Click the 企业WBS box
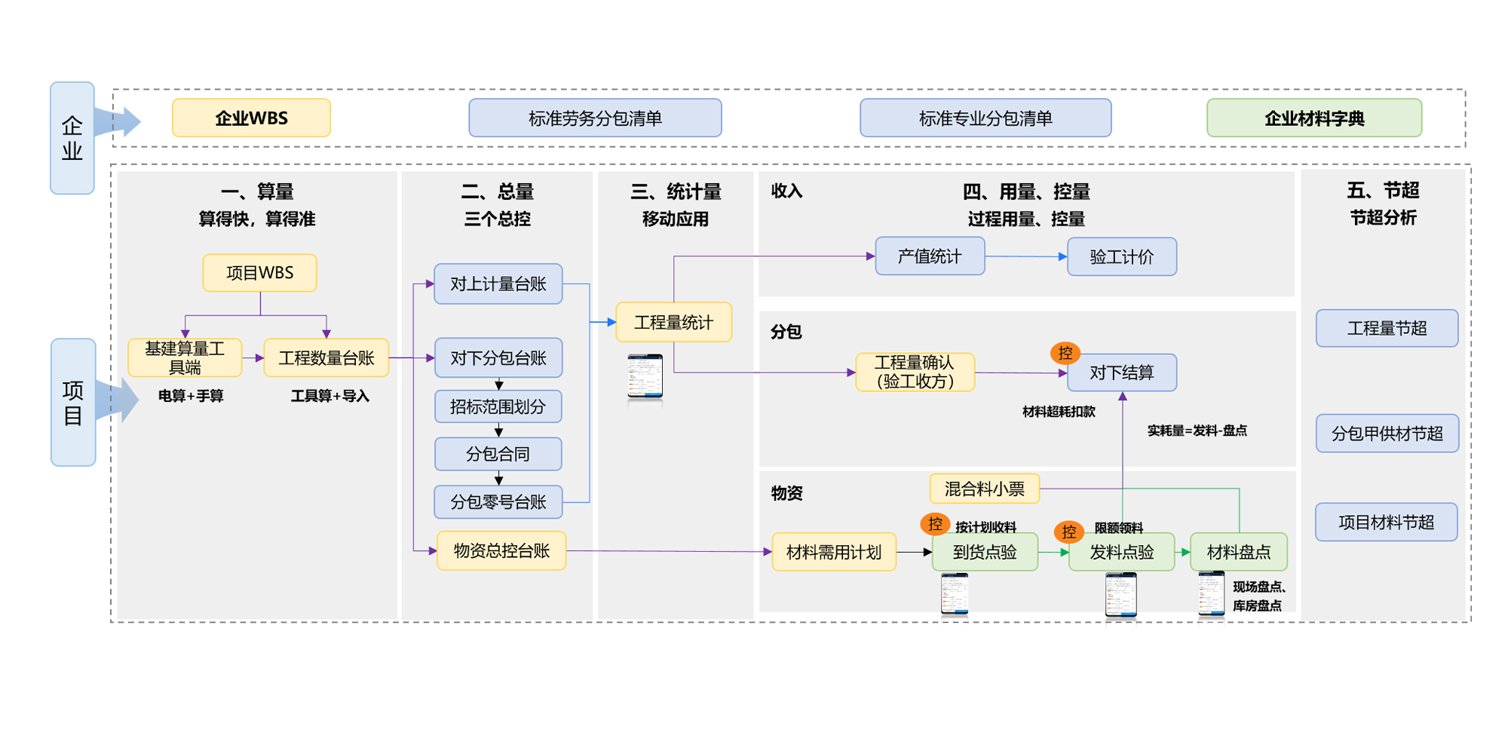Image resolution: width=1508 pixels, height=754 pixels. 251,118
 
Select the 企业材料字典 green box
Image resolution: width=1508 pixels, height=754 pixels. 1313,118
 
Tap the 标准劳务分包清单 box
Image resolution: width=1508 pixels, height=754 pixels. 595,118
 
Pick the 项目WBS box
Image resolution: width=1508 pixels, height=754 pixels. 259,273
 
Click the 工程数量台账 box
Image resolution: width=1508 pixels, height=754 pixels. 326,358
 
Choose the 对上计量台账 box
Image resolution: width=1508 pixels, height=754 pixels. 498,284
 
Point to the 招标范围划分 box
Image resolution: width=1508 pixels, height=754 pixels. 498,407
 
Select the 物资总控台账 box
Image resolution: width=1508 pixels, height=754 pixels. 501,551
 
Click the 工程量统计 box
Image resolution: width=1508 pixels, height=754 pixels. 673,323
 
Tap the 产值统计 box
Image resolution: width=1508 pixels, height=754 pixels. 929,256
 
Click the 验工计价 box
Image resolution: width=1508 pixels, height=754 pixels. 1121,257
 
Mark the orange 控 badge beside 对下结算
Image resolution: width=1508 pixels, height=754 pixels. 1065,352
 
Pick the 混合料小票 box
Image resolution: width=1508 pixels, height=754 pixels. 984,489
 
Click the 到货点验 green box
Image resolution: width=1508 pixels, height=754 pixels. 984,552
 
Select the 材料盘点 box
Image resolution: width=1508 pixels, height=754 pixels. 1238,552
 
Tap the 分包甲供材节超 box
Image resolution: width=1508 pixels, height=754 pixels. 1387,434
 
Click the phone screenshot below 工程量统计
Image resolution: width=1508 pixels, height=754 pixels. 645,376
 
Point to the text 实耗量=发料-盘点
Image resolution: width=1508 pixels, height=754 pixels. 1197,431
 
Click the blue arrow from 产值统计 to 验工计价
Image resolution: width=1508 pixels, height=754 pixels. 1025,256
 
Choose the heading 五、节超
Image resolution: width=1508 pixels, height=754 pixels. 1383,191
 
